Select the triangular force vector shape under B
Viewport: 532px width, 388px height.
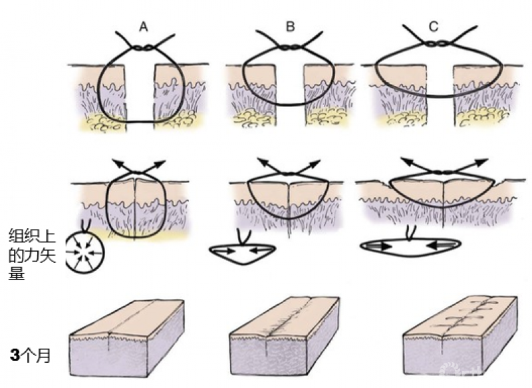tap(242, 253)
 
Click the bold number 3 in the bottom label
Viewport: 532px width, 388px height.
tap(15, 356)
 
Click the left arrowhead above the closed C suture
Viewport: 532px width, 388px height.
tap(405, 160)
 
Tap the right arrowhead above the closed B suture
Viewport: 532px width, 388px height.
tap(318, 160)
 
